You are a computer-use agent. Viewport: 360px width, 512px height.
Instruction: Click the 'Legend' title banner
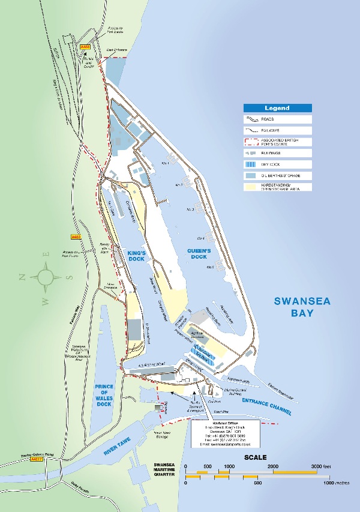(x=277, y=108)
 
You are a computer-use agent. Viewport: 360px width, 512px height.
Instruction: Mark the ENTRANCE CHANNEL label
(x=268, y=406)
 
